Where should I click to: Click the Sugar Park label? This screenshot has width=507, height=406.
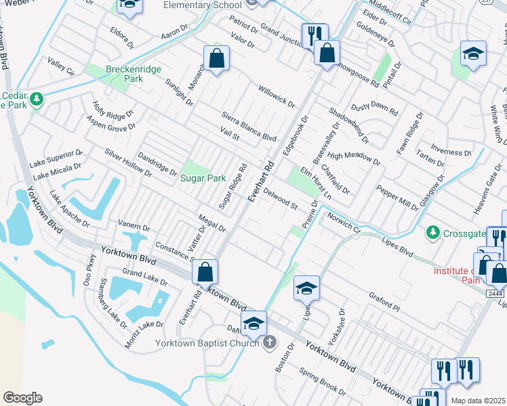203,179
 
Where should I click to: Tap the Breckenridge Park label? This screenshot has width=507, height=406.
124,73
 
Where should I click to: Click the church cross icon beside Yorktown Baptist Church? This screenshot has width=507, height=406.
270,342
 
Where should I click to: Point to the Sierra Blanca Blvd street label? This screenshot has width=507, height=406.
250,126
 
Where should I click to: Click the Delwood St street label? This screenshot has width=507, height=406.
281,200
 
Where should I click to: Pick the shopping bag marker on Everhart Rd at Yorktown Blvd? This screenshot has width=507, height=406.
205,272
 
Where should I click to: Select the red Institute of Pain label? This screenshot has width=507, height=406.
460,275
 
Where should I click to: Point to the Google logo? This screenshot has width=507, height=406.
22,398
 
